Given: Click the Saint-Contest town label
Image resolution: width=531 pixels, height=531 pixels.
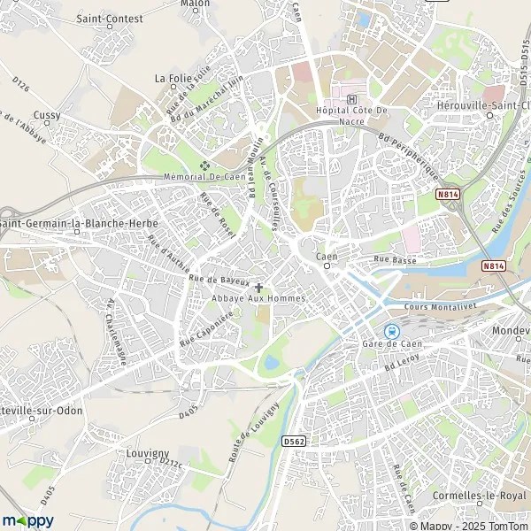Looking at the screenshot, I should pyautogui.click(x=105, y=18).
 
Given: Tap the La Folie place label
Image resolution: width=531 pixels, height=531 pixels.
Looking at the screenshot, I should pyautogui.click(x=173, y=78).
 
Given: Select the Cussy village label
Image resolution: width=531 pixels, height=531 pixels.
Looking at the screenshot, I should pyautogui.click(x=47, y=115).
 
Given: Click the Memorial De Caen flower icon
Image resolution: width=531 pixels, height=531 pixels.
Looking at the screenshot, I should pyautogui.click(x=205, y=165).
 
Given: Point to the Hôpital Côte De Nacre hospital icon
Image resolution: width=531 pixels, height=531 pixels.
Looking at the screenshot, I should pyautogui.click(x=353, y=98).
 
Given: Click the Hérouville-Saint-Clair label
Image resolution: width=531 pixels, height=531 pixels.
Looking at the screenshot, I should pyautogui.click(x=485, y=104).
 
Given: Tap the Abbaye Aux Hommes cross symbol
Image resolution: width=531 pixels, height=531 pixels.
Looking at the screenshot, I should pyautogui.click(x=258, y=287).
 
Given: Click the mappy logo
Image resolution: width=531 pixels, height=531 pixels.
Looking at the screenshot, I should pyautogui.click(x=28, y=520).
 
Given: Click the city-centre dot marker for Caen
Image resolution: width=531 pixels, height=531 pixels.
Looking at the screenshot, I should pyautogui.click(x=327, y=265).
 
